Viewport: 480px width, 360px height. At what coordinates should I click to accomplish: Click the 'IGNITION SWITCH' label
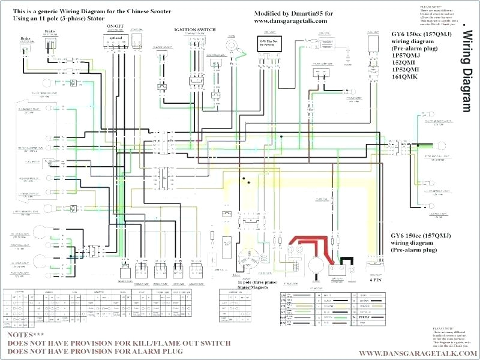[195, 29]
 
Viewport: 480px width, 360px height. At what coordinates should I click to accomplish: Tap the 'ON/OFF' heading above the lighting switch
[116, 27]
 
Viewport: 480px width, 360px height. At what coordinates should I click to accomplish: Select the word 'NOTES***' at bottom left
[25, 334]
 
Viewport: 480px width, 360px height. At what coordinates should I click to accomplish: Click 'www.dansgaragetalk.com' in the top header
[286, 21]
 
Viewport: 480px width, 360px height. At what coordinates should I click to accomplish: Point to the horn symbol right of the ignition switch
[229, 45]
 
